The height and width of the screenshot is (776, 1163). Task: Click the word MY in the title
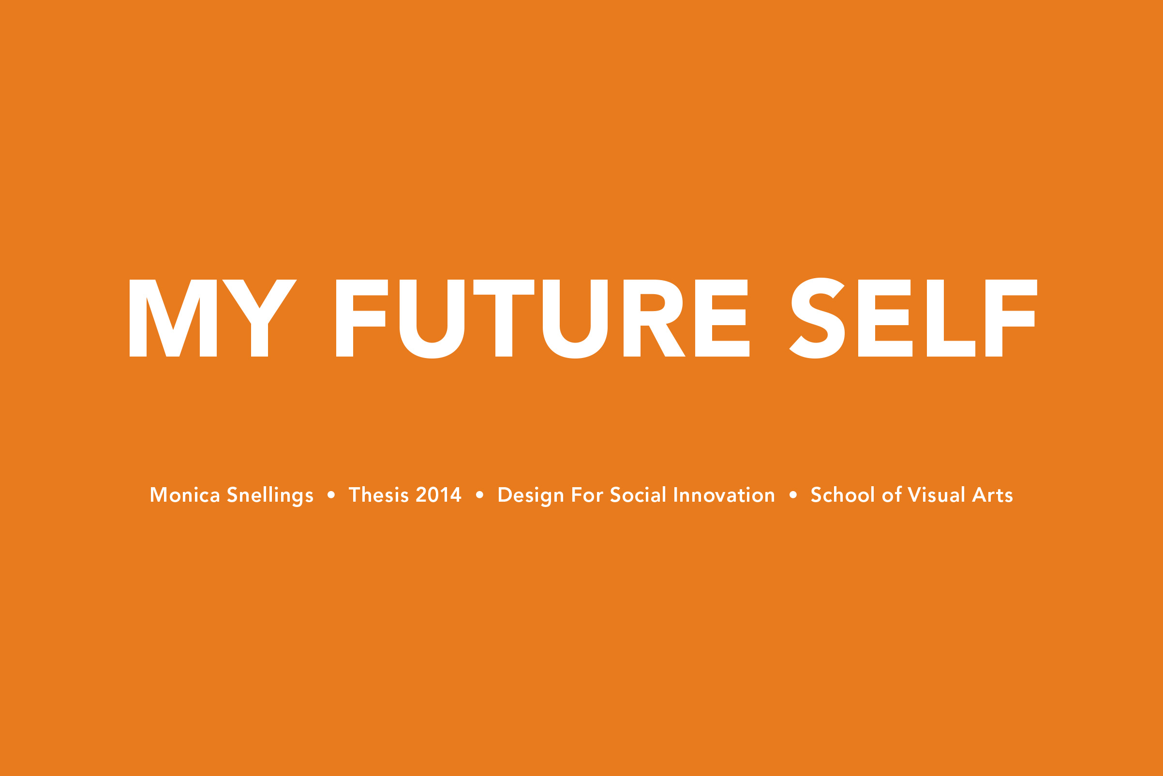click(213, 318)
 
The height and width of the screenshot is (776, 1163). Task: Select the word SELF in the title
click(913, 318)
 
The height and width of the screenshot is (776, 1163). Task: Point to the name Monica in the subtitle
click(185, 495)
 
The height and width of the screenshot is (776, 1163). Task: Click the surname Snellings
click(270, 495)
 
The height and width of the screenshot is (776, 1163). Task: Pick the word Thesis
click(379, 495)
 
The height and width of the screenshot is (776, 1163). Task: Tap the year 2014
click(438, 495)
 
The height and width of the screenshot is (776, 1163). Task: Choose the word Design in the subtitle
click(531, 495)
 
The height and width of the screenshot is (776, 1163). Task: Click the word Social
click(638, 495)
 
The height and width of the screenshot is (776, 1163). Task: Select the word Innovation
click(724, 495)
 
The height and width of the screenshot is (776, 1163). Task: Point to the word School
click(843, 495)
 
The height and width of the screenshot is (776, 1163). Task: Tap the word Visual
click(936, 495)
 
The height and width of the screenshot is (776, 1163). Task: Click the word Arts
click(992, 495)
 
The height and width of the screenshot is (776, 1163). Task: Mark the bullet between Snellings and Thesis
click(331, 495)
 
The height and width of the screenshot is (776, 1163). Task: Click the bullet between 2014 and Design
click(479, 495)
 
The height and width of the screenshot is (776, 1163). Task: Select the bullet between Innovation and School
click(793, 495)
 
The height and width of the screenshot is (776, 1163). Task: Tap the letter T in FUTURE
click(504, 318)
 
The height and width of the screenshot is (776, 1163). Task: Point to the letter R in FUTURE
click(652, 318)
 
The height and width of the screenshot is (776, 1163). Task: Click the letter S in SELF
click(817, 318)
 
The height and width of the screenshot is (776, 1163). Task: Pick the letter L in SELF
click(950, 318)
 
